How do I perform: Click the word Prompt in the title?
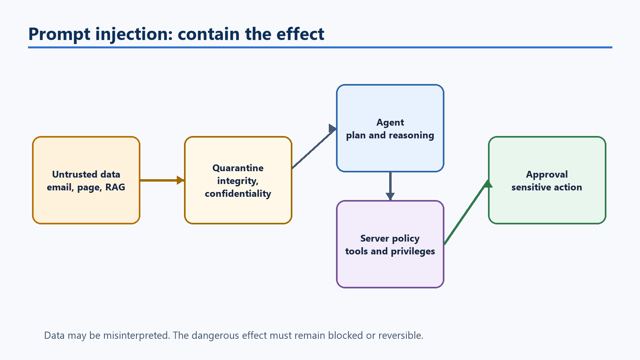[x=60, y=34]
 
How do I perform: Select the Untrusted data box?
[x=86, y=180]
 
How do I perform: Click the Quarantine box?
[x=238, y=180]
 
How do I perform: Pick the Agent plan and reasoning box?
[x=390, y=128]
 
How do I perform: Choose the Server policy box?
[x=390, y=244]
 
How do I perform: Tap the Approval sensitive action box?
[x=547, y=180]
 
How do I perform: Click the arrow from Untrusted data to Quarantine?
[x=162, y=180]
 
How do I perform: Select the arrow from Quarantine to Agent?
[x=314, y=146]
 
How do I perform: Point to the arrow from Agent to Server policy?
[x=390, y=186]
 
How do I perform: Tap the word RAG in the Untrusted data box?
[x=115, y=187]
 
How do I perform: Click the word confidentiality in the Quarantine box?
[x=238, y=194]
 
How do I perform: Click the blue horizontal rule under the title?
[x=320, y=48]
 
